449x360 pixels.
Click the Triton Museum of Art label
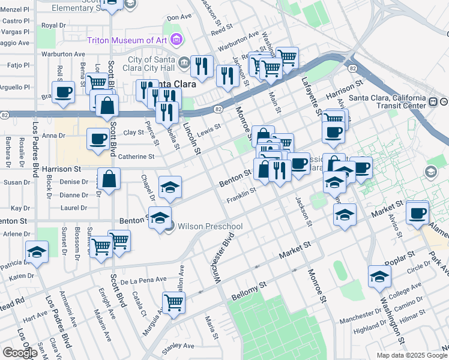tap(127, 40)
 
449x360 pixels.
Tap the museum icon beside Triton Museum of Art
tap(176, 40)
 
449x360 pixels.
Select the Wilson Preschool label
tap(209, 226)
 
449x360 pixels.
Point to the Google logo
tap(20, 353)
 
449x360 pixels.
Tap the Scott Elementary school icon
tap(129, 3)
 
